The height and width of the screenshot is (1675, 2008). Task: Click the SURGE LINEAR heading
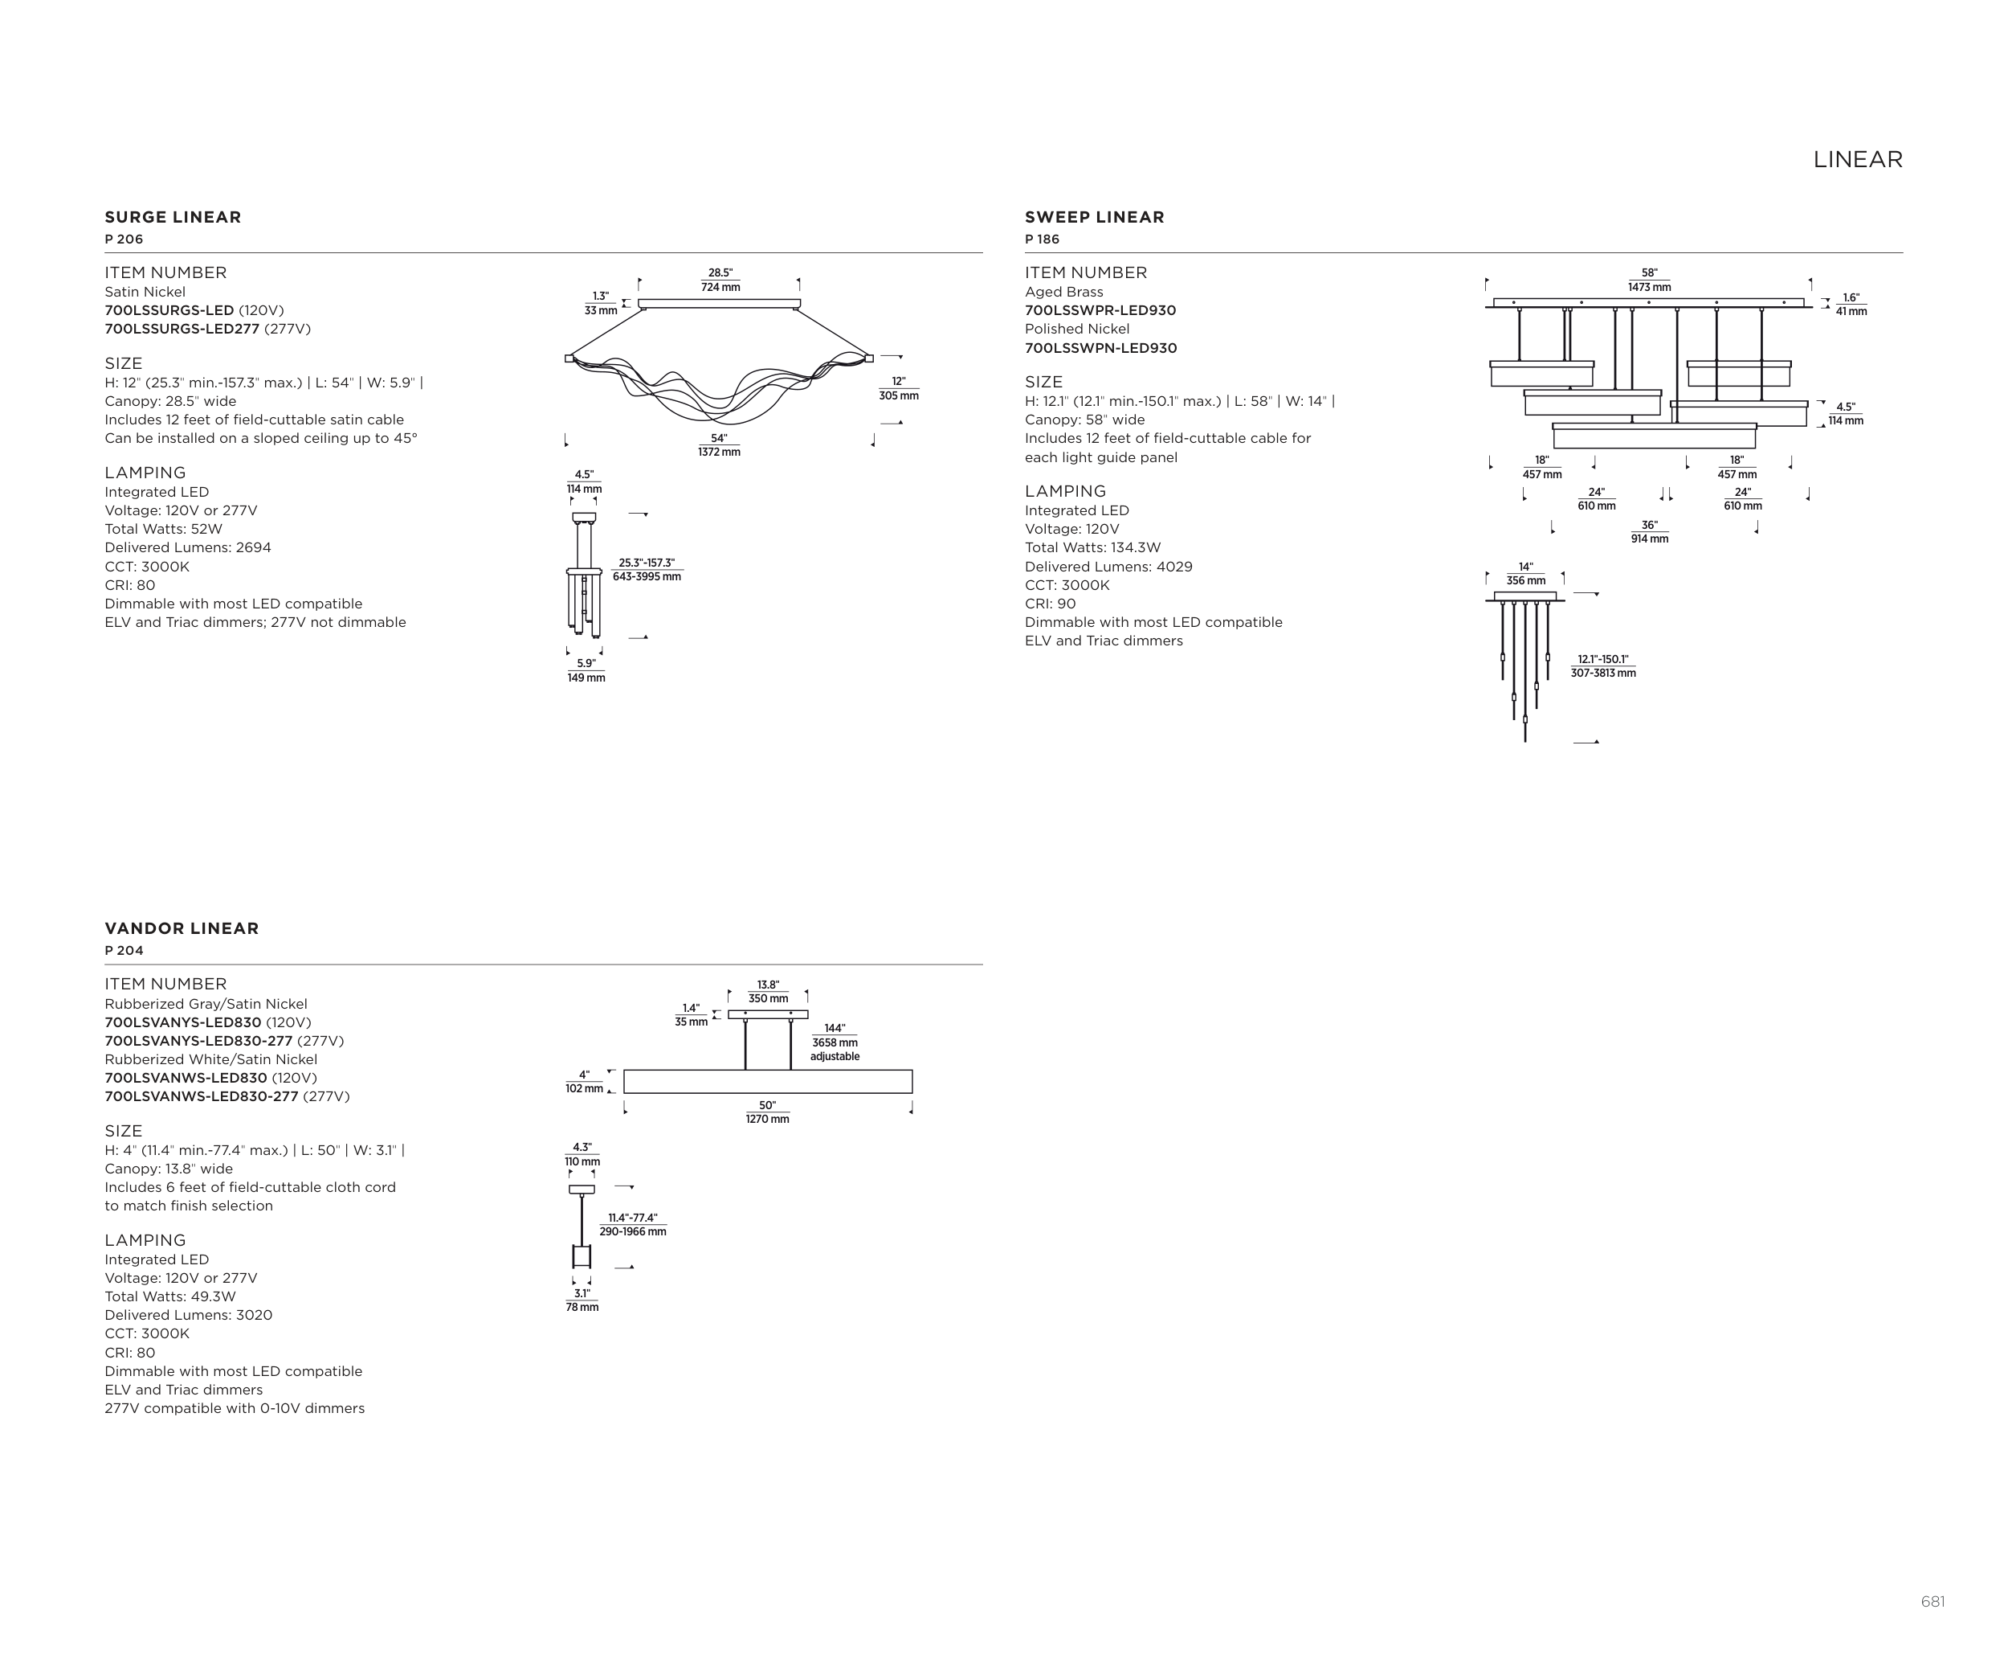pos(173,217)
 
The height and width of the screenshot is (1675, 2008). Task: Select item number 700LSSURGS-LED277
pos(182,329)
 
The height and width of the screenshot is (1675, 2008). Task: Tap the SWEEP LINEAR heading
pos(1094,217)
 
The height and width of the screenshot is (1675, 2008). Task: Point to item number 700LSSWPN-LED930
pos(1100,348)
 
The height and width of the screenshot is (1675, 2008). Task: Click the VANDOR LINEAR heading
pos(182,928)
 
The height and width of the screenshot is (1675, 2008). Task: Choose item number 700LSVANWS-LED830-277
pos(202,1096)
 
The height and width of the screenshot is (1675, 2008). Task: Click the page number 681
pos(1932,1601)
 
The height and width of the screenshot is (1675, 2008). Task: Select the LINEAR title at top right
pos(1857,160)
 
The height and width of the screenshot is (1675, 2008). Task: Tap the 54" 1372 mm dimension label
pos(719,444)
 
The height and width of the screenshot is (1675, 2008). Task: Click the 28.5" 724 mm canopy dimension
pos(720,281)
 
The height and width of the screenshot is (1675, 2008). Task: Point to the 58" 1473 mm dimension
pos(1650,281)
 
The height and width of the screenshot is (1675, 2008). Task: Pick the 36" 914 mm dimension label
pos(1650,532)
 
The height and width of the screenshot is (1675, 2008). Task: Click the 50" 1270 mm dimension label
pos(768,1112)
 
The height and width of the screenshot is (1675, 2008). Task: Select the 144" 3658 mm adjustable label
pos(835,1042)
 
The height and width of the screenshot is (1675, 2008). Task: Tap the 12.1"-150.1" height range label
pos(1602,665)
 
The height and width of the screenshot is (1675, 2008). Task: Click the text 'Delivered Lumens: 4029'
pos(1108,567)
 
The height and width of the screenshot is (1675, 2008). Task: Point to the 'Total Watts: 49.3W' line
pos(170,1296)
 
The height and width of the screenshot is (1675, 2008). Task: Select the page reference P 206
pos(124,240)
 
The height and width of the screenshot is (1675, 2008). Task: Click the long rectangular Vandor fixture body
pos(768,1081)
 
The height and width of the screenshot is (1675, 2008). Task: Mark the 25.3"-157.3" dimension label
pos(647,570)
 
